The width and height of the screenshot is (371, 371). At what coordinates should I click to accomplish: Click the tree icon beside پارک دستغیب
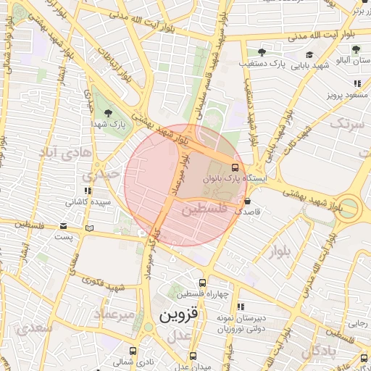click(x=262, y=52)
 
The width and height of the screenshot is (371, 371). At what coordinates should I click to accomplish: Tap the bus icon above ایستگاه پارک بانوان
click(x=234, y=167)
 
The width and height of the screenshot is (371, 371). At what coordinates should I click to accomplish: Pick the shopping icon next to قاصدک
click(x=248, y=201)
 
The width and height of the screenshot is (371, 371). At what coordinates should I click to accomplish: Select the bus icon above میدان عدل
click(x=193, y=356)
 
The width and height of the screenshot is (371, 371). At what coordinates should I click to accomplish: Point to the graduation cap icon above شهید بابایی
click(x=309, y=55)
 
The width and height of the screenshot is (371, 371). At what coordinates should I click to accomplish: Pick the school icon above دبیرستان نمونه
click(x=241, y=307)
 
